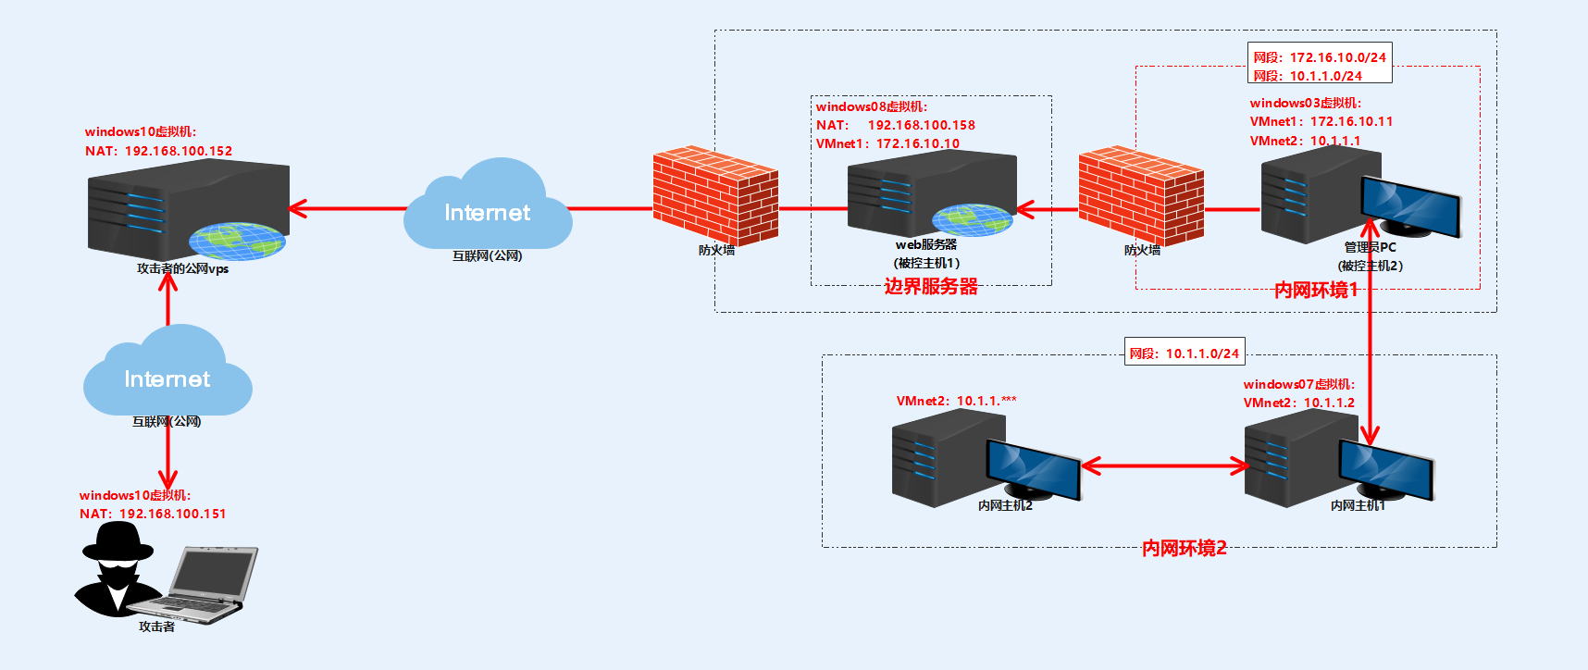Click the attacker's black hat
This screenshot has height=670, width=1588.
coord(118,543)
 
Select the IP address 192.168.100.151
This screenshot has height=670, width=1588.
coord(172,514)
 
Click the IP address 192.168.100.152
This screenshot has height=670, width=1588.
coord(179,151)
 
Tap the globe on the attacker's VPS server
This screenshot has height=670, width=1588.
coord(236,241)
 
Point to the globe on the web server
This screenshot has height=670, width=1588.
coord(972,220)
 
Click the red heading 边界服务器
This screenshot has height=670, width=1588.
coord(931,287)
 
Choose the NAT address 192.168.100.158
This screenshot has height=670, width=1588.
coord(921,125)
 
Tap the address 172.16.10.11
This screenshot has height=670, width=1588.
coord(1351,121)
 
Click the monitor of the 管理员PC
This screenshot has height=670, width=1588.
coord(1410,206)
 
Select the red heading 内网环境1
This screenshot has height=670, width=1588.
coord(1315,291)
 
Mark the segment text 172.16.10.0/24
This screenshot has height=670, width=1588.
coord(1338,57)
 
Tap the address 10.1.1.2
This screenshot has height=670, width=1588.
coord(1329,403)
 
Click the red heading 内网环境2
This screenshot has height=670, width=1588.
coord(1184,549)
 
